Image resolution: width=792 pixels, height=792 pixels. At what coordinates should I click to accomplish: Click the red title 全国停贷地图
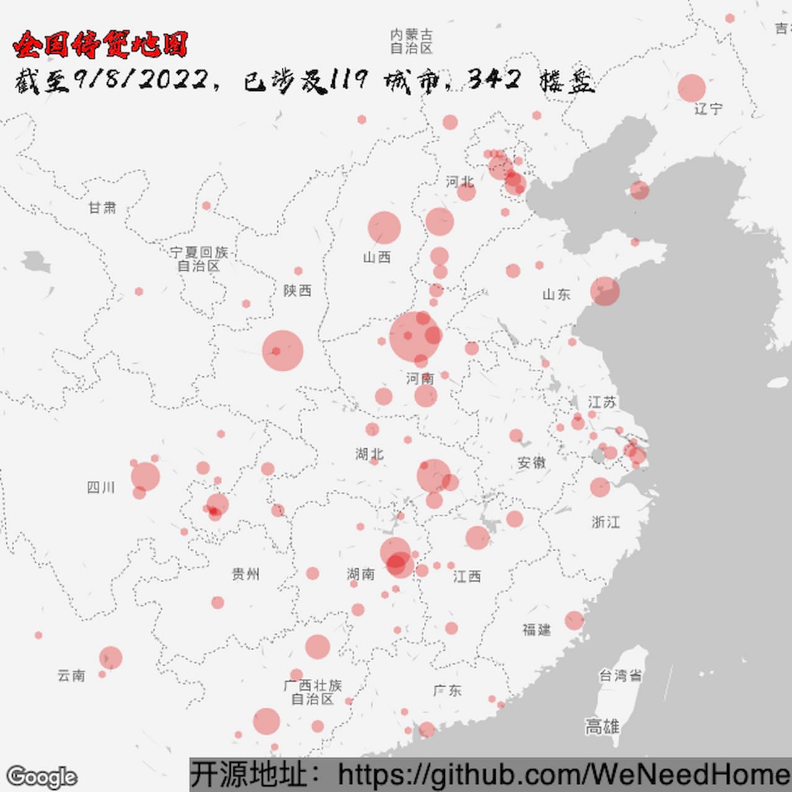100,45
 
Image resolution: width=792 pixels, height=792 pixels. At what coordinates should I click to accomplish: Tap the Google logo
41,777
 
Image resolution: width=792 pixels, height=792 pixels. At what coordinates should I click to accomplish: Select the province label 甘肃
102,208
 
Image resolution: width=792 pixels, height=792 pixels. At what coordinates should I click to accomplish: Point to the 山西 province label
377,257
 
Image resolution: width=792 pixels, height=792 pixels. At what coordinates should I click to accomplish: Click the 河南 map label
420,378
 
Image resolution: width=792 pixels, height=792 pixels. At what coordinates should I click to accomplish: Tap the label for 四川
101,488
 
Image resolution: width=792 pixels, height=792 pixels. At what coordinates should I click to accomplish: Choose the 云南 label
71,676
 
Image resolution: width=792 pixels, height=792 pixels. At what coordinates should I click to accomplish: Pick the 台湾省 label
620,675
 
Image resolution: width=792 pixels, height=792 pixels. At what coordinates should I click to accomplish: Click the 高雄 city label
602,726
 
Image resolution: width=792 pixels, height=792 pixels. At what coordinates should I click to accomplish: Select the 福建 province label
536,630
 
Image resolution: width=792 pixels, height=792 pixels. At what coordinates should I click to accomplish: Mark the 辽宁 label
708,109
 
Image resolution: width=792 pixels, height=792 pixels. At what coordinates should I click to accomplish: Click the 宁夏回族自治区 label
199,259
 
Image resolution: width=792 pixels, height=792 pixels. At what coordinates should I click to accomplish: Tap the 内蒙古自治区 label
411,41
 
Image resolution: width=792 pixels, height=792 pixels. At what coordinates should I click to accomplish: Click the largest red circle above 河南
415,336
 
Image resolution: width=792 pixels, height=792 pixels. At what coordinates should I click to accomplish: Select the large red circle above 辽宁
691,88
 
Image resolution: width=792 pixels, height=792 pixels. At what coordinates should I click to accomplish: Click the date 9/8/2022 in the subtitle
141,80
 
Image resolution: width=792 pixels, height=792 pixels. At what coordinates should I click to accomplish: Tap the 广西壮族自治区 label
313,692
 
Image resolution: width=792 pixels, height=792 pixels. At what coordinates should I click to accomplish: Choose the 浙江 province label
605,522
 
